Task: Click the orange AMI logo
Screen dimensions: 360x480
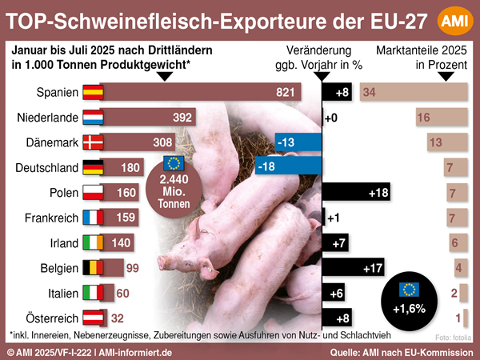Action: (x=454, y=19)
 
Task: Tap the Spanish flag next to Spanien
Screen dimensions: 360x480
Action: (x=94, y=93)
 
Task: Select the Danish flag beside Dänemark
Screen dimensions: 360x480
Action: (x=94, y=142)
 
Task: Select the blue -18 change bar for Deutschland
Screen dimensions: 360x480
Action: (x=288, y=167)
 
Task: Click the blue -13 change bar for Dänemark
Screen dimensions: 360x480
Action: (x=297, y=142)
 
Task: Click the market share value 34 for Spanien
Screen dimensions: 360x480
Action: (x=370, y=93)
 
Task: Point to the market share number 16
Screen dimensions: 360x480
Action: (x=424, y=118)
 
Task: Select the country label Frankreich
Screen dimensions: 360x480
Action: (x=47, y=217)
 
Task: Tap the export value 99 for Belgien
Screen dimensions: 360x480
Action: (x=133, y=267)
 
